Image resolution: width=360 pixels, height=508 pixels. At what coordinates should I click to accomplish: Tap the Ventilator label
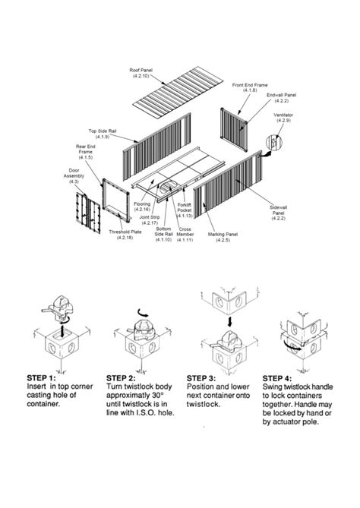pyautogui.click(x=284, y=118)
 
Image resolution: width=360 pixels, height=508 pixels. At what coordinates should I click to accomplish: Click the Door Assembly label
pyautogui.click(x=74, y=177)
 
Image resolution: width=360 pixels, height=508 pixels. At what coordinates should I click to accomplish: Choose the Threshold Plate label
pyautogui.click(x=125, y=236)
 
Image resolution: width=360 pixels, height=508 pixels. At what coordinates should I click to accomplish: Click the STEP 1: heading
pyautogui.click(x=42, y=377)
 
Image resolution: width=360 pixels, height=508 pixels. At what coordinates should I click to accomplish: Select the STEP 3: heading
pyautogui.click(x=201, y=377)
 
